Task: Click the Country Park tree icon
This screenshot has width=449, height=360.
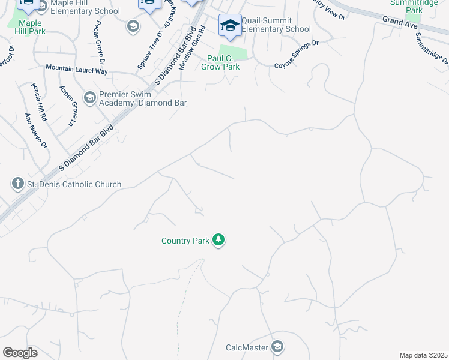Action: (219, 241)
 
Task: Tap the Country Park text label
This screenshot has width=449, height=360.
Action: (185, 241)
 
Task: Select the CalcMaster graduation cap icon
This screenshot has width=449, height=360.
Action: (277, 347)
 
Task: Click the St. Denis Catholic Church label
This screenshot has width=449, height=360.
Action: (74, 185)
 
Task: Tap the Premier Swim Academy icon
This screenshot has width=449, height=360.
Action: (90, 98)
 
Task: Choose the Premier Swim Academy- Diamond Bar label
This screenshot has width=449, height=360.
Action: (143, 98)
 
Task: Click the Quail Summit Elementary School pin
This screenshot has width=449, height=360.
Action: (229, 25)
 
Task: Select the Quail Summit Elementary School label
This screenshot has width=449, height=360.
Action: (277, 25)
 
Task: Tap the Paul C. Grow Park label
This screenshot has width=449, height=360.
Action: (223, 62)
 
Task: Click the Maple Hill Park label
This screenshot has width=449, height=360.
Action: (26, 28)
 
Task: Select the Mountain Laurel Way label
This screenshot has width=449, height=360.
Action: (76, 69)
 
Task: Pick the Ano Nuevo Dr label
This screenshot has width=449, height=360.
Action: (35, 130)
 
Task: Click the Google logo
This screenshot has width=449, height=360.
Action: (20, 353)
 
